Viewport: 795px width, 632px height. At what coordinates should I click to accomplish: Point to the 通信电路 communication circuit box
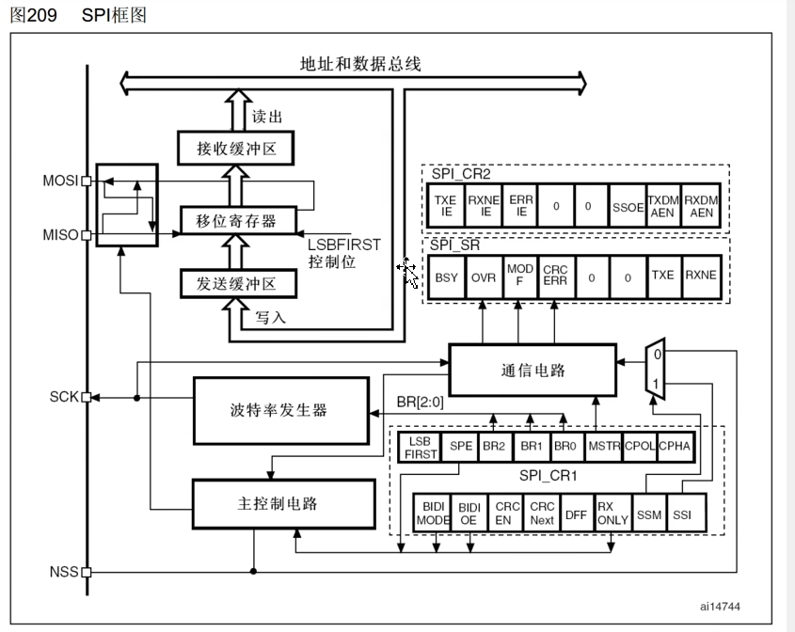point(533,370)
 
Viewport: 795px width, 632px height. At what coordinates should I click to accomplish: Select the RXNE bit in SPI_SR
point(700,277)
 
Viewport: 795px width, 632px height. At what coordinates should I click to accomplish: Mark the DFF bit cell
point(576,513)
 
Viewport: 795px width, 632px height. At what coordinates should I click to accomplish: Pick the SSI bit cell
point(682,513)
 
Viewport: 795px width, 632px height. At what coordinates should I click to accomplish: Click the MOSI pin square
point(87,181)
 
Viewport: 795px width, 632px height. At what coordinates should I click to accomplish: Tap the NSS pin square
point(87,572)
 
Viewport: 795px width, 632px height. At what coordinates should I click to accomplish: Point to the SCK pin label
point(63,397)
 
